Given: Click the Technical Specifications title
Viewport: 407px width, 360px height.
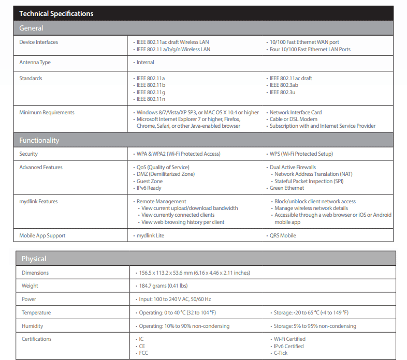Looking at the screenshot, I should pyautogui.click(x=56, y=13).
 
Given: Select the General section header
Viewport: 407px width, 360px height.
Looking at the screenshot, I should pyautogui.click(x=31, y=28).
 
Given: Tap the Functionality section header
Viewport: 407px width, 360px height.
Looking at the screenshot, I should pyautogui.click(x=39, y=140).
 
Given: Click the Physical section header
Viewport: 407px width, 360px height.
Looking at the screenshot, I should pyautogui.click(x=34, y=259).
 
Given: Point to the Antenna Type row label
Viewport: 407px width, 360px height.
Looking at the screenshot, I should pyautogui.click(x=35, y=63).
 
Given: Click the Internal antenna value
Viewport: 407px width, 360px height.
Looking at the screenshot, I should pyautogui.click(x=145, y=63).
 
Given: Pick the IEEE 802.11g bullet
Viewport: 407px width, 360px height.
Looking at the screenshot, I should pyautogui.click(x=151, y=92).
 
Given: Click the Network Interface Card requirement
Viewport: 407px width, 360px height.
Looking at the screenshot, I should pyautogui.click(x=295, y=112).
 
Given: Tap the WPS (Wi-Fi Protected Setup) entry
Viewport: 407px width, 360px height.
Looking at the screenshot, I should pyautogui.click(x=301, y=154).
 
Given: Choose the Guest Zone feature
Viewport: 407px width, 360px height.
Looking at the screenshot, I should pyautogui.click(x=149, y=181).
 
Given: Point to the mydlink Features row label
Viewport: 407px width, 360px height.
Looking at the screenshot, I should pyautogui.click(x=38, y=202).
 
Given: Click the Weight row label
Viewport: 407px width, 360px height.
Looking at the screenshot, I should pyautogui.click(x=30, y=286).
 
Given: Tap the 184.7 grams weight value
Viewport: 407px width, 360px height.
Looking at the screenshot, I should pyautogui.click(x=163, y=286).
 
